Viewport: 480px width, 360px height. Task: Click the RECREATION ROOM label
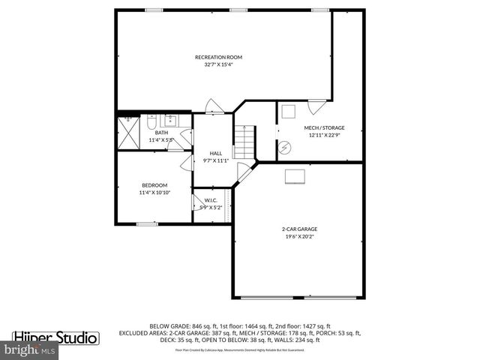(218, 57)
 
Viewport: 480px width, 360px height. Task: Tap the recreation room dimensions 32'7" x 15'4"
(218, 64)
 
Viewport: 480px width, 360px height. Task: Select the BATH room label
(161, 133)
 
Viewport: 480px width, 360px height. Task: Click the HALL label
(215, 153)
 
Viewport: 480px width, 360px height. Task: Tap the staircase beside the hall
(244, 141)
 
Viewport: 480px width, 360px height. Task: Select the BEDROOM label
(154, 185)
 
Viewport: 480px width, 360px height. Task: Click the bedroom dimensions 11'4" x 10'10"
(154, 193)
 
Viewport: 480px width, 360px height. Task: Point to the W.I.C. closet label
(211, 200)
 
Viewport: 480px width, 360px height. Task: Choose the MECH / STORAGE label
(324, 127)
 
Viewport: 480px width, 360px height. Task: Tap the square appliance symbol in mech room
(289, 112)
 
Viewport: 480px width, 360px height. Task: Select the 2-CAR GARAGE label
(299, 229)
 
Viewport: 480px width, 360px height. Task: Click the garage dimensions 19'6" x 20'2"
(299, 236)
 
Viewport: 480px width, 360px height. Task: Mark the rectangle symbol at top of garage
(294, 175)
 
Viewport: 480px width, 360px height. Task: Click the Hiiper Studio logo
(56, 337)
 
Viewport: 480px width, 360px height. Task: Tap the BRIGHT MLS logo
(30, 350)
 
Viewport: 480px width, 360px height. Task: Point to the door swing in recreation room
(214, 106)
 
